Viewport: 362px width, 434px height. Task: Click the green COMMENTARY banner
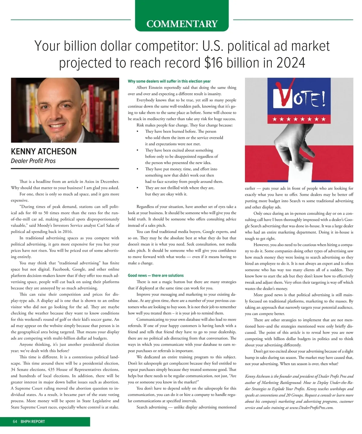[x=182, y=24]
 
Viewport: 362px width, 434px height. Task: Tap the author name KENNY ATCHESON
[x=44, y=151]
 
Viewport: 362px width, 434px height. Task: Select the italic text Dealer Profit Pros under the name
[x=33, y=161]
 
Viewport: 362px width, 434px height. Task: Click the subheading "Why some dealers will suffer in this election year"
[x=169, y=81]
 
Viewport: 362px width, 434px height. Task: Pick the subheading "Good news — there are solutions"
[x=156, y=276]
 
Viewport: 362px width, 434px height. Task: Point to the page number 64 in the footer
[x=15, y=422]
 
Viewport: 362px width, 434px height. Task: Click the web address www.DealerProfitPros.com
[x=311, y=407]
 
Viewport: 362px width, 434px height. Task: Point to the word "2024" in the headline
[x=291, y=63]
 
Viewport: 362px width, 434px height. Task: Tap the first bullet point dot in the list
[x=138, y=132]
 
